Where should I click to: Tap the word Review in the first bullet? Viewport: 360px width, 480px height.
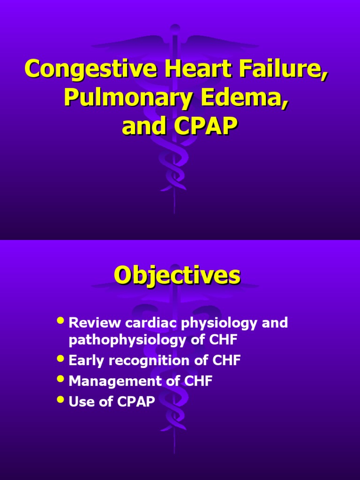coord(94,323)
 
